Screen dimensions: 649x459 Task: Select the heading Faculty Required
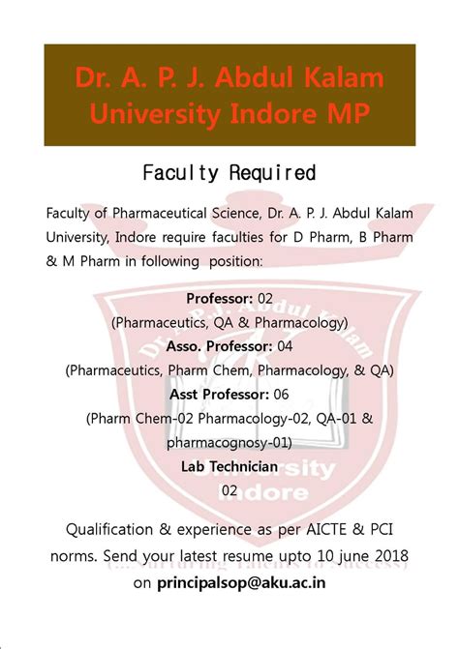tap(229, 173)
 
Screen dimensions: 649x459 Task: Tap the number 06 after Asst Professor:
tap(281, 394)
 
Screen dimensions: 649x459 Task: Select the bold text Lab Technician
tap(229, 466)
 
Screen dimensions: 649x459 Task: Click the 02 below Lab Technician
tap(229, 490)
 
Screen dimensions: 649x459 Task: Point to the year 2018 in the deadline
tap(386, 556)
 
